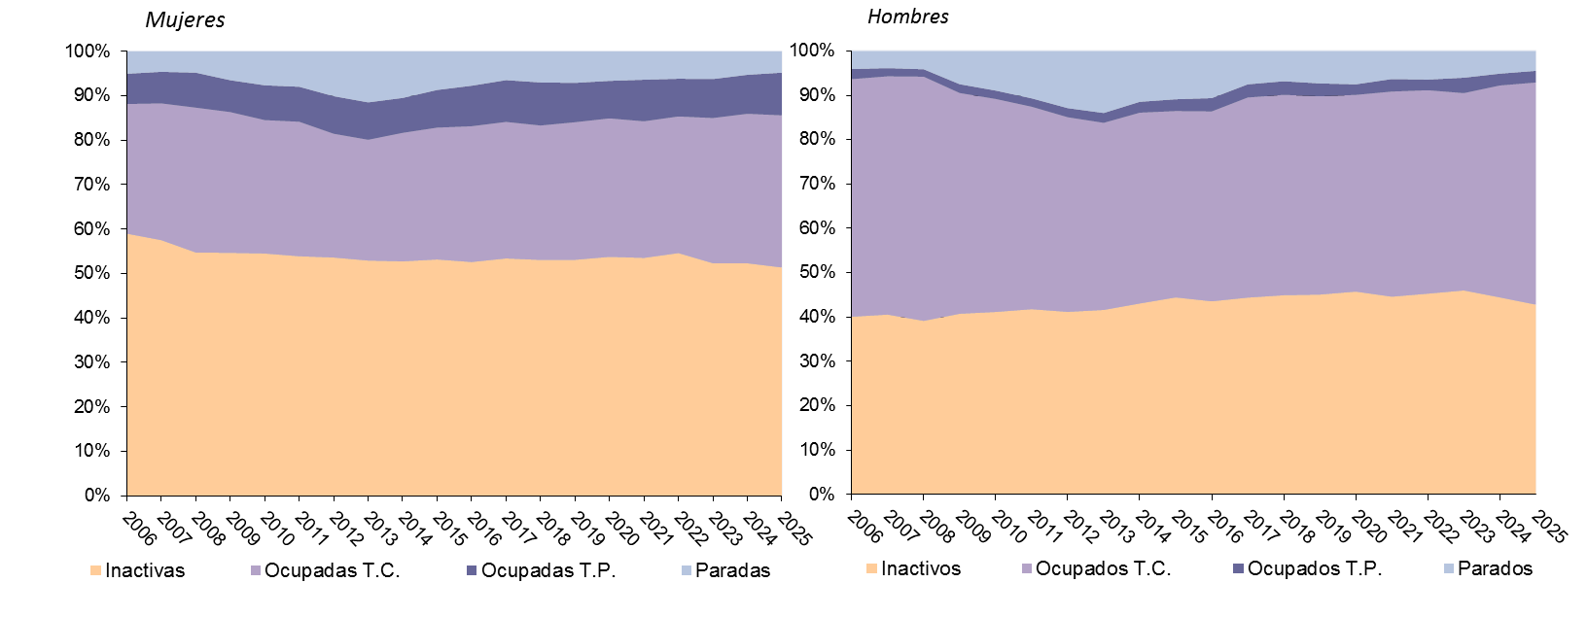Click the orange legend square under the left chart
(95, 570)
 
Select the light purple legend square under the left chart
(256, 570)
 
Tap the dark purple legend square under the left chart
(472, 570)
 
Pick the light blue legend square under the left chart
(687, 570)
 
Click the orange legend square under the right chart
(871, 568)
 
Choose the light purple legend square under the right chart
(1027, 568)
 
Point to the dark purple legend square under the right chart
(1238, 568)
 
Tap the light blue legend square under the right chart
(1449, 568)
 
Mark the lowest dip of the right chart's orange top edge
(925, 322)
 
